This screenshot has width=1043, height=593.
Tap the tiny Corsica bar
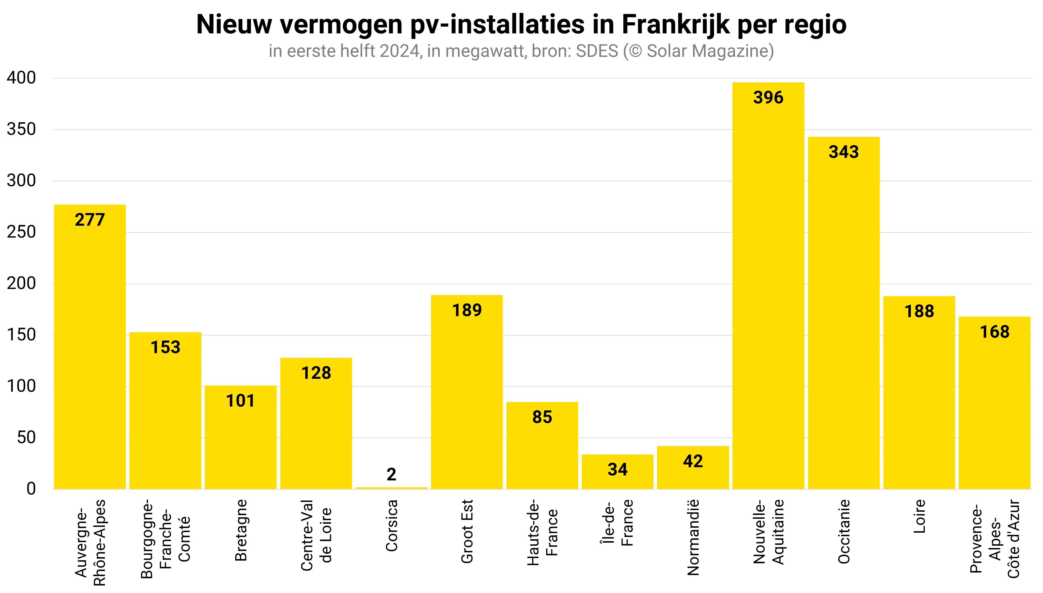391,487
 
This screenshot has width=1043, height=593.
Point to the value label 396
768,98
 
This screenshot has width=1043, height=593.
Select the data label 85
542,417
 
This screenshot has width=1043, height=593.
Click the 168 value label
995,332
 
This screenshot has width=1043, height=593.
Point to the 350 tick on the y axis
21,129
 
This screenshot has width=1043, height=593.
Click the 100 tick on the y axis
21,386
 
